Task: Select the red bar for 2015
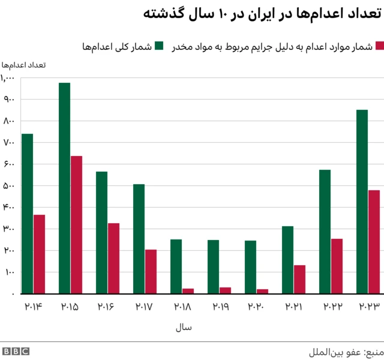click(76, 224)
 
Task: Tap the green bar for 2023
click(362, 202)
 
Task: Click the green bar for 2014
click(27, 214)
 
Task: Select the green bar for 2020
click(250, 267)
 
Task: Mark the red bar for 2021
click(299, 279)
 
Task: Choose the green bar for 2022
click(325, 232)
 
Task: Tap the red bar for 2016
click(113, 258)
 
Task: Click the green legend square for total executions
click(159, 46)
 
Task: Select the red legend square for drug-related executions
click(378, 46)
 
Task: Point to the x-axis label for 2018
click(182, 307)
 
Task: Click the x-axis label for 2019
click(219, 307)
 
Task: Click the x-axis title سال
click(183, 328)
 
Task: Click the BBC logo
click(16, 351)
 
